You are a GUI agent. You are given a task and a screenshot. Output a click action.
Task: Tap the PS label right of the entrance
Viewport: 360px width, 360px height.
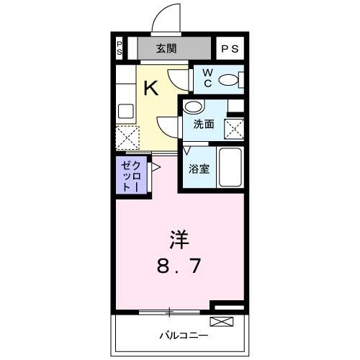click(x=230, y=49)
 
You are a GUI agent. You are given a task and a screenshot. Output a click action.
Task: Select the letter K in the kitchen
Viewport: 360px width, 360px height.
click(x=150, y=89)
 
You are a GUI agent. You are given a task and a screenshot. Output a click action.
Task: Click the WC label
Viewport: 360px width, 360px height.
click(x=207, y=78)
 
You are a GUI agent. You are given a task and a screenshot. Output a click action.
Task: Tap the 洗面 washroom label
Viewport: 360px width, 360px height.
click(x=203, y=124)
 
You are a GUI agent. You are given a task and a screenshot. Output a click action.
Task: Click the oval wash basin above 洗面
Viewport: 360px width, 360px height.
click(x=192, y=107)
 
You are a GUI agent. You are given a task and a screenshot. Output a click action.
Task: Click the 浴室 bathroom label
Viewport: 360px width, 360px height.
click(x=199, y=170)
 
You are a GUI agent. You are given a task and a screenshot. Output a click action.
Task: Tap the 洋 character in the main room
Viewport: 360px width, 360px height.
click(x=180, y=238)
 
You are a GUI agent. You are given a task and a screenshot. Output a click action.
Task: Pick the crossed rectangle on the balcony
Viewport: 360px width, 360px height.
click(x=221, y=321)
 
